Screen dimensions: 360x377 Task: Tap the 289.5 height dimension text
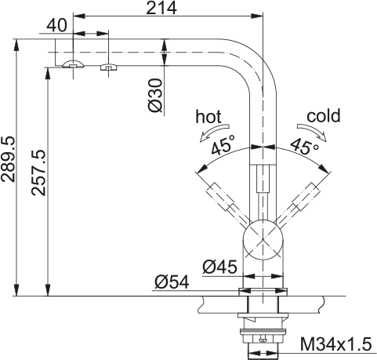(x=9, y=159)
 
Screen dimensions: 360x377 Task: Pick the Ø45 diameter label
(x=219, y=267)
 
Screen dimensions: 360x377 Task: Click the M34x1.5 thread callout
(x=336, y=344)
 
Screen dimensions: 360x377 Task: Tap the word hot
(x=208, y=116)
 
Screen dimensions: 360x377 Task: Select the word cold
(x=324, y=116)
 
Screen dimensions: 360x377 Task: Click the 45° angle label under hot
(x=223, y=146)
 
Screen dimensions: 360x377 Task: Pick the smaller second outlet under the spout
(x=106, y=67)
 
